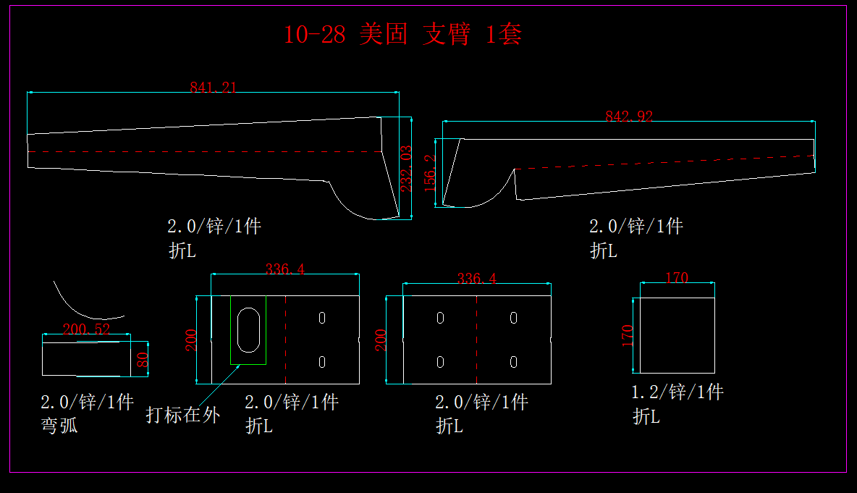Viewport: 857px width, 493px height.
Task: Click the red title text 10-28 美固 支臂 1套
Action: coord(402,35)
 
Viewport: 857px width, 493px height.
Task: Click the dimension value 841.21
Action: coord(213,88)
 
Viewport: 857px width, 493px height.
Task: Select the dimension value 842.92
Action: coord(628,116)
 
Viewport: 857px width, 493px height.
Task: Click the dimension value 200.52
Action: coord(86,330)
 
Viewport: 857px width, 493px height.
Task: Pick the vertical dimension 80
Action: coord(143,358)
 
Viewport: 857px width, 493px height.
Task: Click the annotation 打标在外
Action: coord(182,415)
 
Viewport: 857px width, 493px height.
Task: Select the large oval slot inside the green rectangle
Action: coord(248,330)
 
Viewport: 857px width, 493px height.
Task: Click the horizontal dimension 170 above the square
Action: coord(677,278)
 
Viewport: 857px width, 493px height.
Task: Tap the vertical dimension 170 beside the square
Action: coord(628,334)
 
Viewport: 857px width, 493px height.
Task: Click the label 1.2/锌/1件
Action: coord(677,392)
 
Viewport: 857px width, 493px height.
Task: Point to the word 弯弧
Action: coord(59,426)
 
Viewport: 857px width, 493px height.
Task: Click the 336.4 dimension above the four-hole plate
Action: coord(476,279)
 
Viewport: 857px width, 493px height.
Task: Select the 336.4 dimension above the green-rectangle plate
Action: coord(285,269)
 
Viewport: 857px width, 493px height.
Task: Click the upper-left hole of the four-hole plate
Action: coord(440,318)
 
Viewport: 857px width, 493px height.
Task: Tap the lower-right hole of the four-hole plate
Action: coord(513,361)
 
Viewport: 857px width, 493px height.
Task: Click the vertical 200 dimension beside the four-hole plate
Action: coord(381,340)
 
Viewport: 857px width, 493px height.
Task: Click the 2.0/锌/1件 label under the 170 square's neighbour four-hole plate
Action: coord(481,402)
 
